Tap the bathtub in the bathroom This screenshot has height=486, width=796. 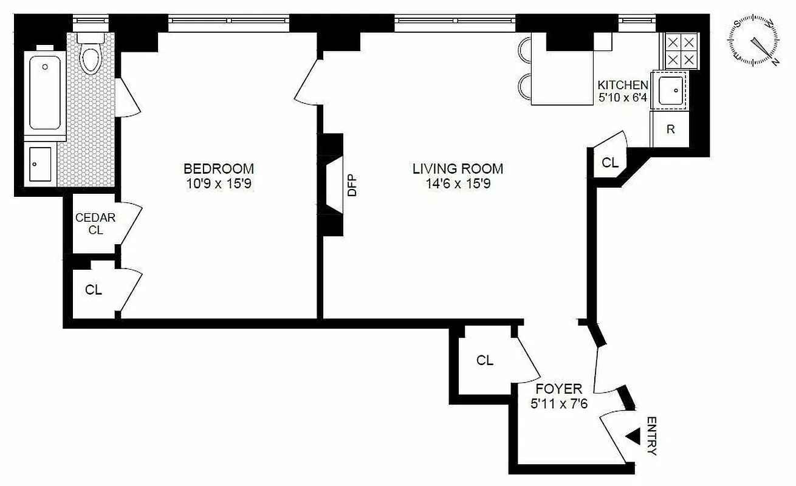pyautogui.click(x=45, y=91)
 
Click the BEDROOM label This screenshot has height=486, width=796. pyautogui.click(x=219, y=168)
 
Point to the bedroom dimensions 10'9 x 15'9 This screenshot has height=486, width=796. pyautogui.click(x=219, y=182)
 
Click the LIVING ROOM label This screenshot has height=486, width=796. pyautogui.click(x=458, y=168)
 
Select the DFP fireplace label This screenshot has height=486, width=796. pyautogui.click(x=352, y=185)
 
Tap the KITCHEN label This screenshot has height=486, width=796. pyautogui.click(x=623, y=85)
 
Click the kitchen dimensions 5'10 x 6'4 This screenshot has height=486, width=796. pyautogui.click(x=623, y=97)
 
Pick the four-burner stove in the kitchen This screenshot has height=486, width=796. pyautogui.click(x=680, y=50)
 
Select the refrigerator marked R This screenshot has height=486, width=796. pyautogui.click(x=670, y=129)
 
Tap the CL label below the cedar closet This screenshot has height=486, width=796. pyautogui.click(x=93, y=290)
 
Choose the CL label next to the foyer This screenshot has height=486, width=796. pyautogui.click(x=484, y=360)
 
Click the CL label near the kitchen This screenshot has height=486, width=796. pyautogui.click(x=609, y=163)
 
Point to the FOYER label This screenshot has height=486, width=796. pyautogui.click(x=559, y=389)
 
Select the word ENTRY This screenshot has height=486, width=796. pyautogui.click(x=651, y=436)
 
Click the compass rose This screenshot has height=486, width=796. pyautogui.click(x=755, y=43)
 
